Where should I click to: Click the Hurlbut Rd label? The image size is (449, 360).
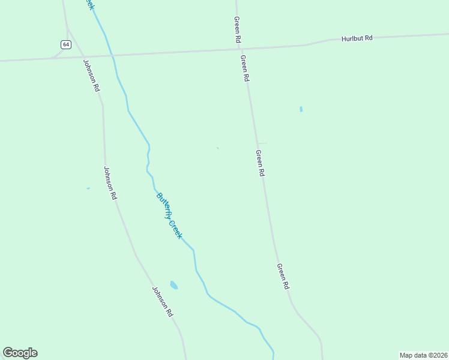pyautogui.click(x=357, y=38)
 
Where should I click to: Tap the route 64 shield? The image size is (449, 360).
pyautogui.click(x=65, y=44)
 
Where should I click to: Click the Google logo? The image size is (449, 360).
pyautogui.click(x=20, y=353)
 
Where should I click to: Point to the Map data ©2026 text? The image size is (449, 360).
pyautogui.click(x=423, y=355)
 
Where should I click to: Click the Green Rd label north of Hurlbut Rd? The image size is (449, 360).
pyautogui.click(x=238, y=29)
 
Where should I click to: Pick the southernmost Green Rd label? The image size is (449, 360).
pyautogui.click(x=283, y=277)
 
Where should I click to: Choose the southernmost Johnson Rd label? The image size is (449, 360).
pyautogui.click(x=162, y=301)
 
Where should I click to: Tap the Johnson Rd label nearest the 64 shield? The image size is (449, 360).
pyautogui.click(x=91, y=75)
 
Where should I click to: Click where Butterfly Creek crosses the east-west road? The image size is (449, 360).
pyautogui.click(x=112, y=56)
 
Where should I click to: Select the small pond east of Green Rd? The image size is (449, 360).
pyautogui.click(x=301, y=109)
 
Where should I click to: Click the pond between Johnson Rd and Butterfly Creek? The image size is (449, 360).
pyautogui.click(x=173, y=285)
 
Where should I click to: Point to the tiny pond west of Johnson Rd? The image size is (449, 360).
pyautogui.click(x=88, y=188)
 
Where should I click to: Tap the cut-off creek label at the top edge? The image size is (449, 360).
pyautogui.click(x=89, y=4)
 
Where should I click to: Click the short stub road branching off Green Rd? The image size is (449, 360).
pyautogui.click(x=263, y=143)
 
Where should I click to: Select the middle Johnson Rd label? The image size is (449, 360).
pyautogui.click(x=110, y=182)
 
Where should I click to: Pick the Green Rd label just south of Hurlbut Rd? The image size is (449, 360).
pyautogui.click(x=244, y=68)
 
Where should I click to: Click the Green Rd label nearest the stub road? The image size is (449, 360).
pyautogui.click(x=260, y=163)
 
